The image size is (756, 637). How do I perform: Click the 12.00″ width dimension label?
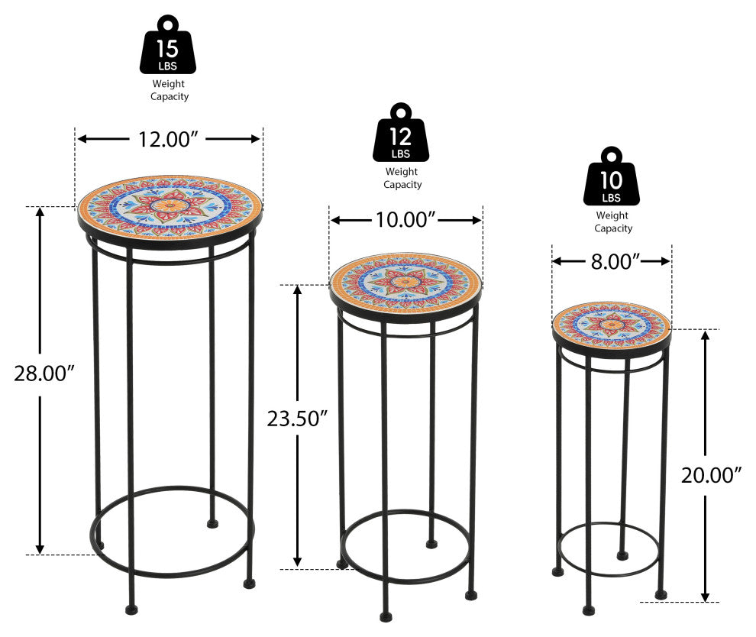point(168,139)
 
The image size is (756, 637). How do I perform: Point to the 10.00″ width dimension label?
point(405,220)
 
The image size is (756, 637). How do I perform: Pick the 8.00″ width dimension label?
point(615,262)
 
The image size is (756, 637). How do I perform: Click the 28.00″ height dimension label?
point(44,373)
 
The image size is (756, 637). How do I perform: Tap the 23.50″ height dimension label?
point(298,419)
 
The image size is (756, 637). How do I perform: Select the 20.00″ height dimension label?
point(711,476)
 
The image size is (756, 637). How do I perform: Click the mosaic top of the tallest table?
point(170,207)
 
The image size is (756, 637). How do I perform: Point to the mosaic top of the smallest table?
point(612,325)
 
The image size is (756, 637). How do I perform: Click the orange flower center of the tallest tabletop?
point(170,205)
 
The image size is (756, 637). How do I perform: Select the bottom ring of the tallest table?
point(172,576)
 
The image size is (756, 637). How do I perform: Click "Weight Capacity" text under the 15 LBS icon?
point(170,90)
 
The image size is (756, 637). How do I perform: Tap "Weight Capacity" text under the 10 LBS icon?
point(612,221)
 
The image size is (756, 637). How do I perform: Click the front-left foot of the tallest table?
point(131,610)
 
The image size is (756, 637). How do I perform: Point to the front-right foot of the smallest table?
point(661,595)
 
